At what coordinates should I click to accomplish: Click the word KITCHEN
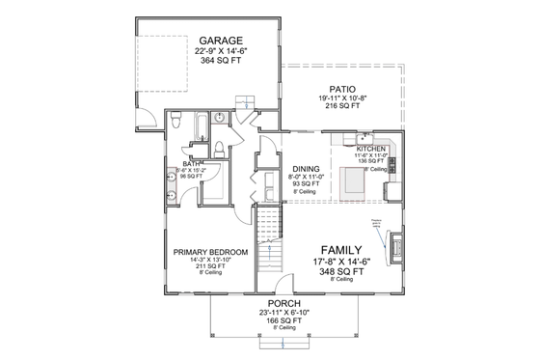tap(371, 149)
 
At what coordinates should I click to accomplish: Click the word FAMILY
tap(343, 246)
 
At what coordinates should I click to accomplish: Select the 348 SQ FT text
tap(343, 271)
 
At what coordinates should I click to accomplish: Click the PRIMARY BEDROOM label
tap(210, 252)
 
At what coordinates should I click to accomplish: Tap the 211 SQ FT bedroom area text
tap(210, 266)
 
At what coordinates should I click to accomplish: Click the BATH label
tap(192, 164)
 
